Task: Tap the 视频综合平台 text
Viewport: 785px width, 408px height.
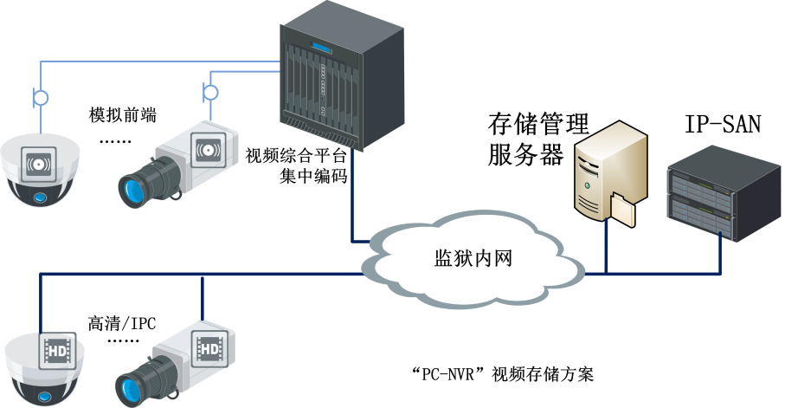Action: [296, 157]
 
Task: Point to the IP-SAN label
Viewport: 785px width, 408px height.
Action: [723, 125]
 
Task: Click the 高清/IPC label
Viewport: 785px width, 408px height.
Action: [121, 323]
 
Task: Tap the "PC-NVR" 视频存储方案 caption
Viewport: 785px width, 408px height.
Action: [503, 375]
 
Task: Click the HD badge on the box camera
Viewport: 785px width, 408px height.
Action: [209, 348]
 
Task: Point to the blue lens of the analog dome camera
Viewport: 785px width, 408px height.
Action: [40, 197]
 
